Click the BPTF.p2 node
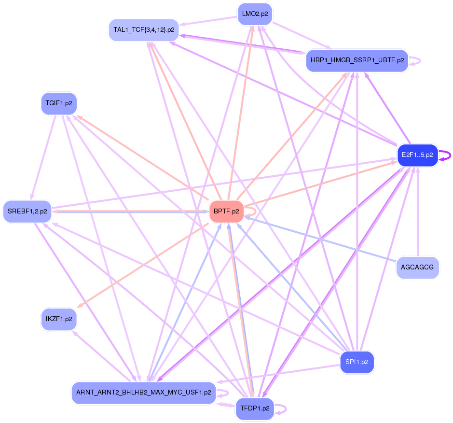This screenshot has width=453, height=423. coord(226,212)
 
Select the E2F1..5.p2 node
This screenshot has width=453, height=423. coord(417,155)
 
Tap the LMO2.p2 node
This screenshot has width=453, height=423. coord(255,14)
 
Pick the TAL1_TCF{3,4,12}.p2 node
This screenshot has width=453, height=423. coord(144,29)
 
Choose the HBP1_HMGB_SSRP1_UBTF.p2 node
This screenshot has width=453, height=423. coord(357,61)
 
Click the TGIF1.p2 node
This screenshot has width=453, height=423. coord(59,103)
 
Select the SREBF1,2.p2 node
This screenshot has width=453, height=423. coord(27,211)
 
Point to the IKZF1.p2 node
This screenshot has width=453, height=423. coord(59,319)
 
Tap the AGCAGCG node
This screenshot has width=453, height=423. coord(418,267)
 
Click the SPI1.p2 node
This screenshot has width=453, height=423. coord(357,362)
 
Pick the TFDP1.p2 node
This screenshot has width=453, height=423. coord(254,409)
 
